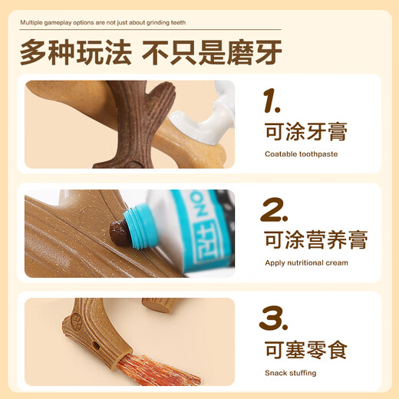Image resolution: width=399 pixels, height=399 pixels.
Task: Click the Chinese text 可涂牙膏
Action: (x=305, y=132)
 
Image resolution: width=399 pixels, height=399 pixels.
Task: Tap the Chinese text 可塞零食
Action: (x=305, y=351)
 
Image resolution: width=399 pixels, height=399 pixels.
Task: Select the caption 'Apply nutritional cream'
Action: (x=305, y=262)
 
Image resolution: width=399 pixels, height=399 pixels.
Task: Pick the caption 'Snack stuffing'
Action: (x=290, y=373)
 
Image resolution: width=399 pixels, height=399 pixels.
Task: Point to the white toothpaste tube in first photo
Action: (x=203, y=115)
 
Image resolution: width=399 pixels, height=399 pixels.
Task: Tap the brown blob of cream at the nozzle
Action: (x=117, y=231)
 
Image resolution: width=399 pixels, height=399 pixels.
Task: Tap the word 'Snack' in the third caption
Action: (x=274, y=373)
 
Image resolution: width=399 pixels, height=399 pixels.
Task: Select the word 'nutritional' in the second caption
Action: (x=306, y=262)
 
